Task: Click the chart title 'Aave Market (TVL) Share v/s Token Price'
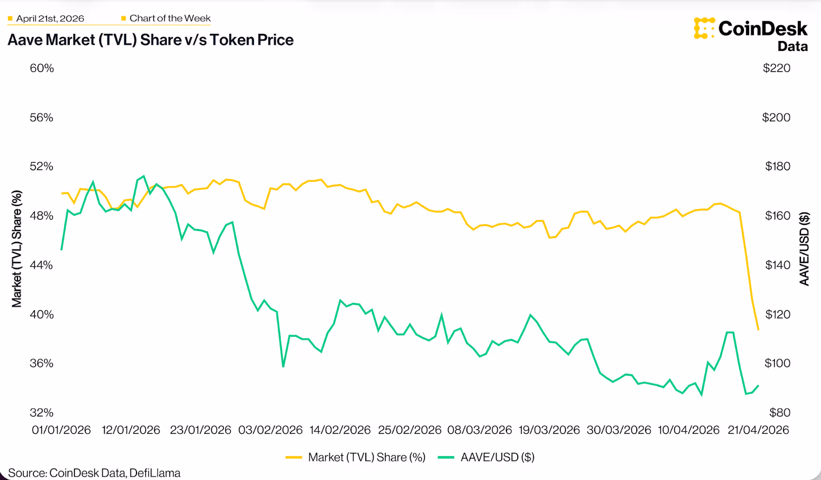[150, 40]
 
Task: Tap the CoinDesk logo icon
[704, 28]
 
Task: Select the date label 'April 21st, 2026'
[50, 18]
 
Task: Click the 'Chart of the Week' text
[170, 18]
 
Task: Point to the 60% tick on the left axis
[42, 68]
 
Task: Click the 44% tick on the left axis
[42, 265]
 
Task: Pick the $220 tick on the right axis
[776, 68]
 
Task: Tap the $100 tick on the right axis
[777, 363]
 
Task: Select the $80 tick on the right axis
[779, 413]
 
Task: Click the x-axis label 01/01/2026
[61, 430]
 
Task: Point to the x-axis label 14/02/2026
[340, 430]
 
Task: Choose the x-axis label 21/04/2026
[758, 430]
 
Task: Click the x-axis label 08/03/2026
[479, 430]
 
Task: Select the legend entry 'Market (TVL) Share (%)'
[366, 457]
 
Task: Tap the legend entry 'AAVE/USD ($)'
[497, 457]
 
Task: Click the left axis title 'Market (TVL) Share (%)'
[17, 249]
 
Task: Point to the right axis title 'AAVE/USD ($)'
[804, 249]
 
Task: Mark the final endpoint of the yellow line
[758, 330]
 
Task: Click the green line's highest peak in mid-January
[144, 176]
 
